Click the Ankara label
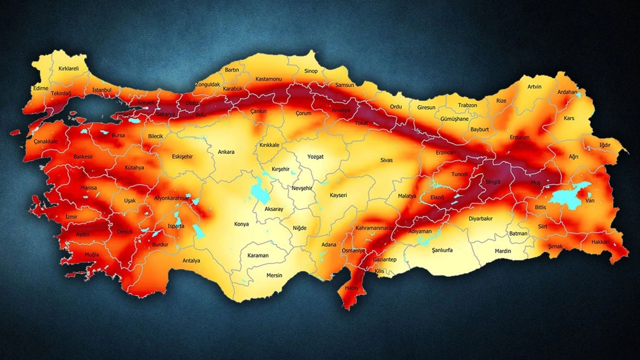tap(226, 152)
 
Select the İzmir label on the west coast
tap(71, 216)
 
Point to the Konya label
tap(241, 224)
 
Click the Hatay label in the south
tap(351, 288)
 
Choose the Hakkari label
tap(600, 241)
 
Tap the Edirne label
tap(40, 88)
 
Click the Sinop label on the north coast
tap(310, 71)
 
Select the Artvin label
tap(534, 86)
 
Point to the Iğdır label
tap(605, 145)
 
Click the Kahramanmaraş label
tap(374, 228)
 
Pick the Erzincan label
tap(446, 152)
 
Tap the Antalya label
tap(191, 260)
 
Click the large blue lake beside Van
tap(567, 196)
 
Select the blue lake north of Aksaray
tap(259, 190)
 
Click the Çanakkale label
tap(46, 141)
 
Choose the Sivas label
tap(386, 160)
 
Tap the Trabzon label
tap(467, 105)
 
